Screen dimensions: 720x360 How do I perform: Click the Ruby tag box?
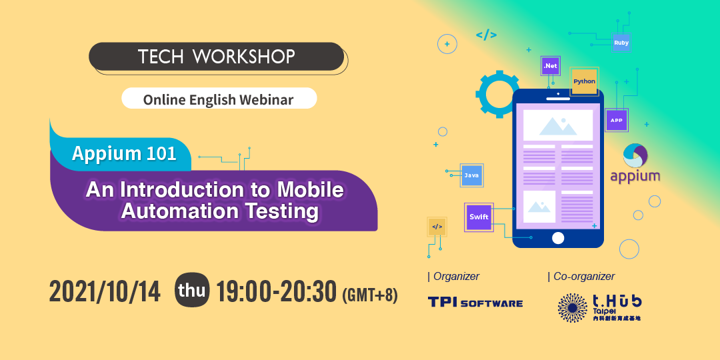pyautogui.click(x=621, y=43)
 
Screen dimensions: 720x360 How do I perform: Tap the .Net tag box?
pyautogui.click(x=550, y=65)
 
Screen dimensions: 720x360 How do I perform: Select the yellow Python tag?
pyautogui.click(x=584, y=81)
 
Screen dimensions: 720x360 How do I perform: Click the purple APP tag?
pyautogui.click(x=616, y=120)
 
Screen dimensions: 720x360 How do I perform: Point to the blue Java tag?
pyautogui.click(x=471, y=175)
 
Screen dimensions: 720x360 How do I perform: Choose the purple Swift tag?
pyautogui.click(x=479, y=217)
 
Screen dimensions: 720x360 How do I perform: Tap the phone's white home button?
pyautogui.click(x=558, y=238)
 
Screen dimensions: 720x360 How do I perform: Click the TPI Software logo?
pyautogui.click(x=475, y=302)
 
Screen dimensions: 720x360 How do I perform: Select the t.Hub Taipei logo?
pyautogui.click(x=599, y=307)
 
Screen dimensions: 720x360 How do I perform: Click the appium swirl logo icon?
pyautogui.click(x=635, y=156)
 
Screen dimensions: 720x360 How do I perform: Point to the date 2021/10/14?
pyautogui.click(x=105, y=292)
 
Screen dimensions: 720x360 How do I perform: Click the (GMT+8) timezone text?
pyautogui.click(x=370, y=295)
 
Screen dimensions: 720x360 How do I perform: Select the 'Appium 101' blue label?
pyautogui.click(x=124, y=153)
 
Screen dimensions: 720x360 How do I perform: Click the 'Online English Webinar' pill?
pyautogui.click(x=219, y=98)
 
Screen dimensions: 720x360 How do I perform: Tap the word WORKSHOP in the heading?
pyautogui.click(x=244, y=57)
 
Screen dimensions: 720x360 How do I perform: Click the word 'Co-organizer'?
pyautogui.click(x=584, y=276)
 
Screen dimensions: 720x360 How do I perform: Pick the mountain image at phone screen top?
pyautogui.click(x=558, y=125)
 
